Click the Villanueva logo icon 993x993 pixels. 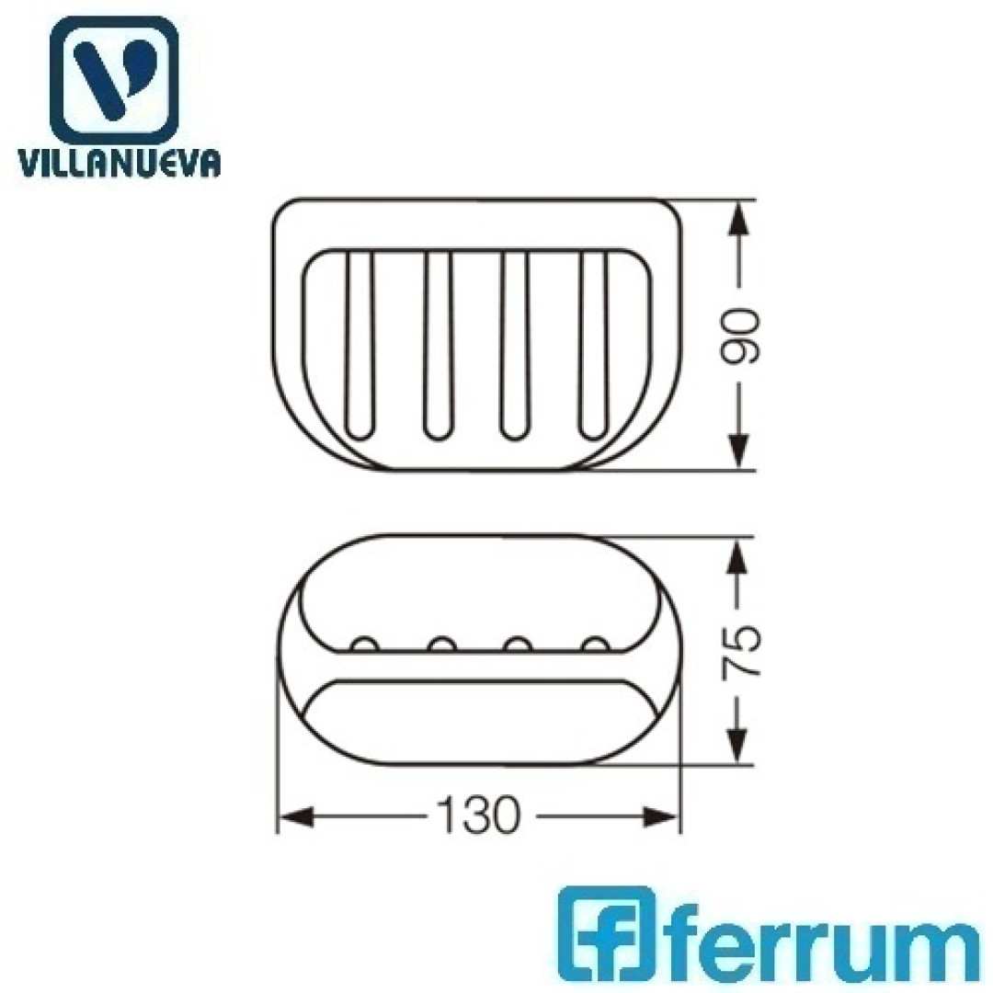click(x=114, y=80)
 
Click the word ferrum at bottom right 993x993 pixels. click(x=819, y=939)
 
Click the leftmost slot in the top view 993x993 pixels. click(x=360, y=345)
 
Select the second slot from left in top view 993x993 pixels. click(x=439, y=345)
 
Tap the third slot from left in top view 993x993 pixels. click(x=515, y=345)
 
